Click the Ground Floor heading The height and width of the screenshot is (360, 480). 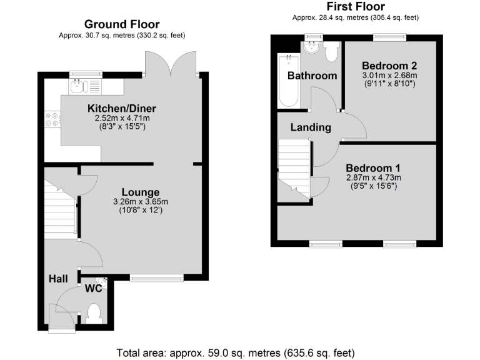121,24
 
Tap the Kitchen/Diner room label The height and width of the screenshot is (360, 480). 121,107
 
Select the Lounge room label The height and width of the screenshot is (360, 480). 141,192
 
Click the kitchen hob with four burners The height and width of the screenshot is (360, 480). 52,119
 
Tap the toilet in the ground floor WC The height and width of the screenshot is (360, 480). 94,312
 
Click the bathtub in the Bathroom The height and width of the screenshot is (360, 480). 288,80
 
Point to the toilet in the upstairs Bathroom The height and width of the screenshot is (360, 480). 331,51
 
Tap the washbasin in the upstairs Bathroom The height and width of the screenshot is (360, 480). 311,48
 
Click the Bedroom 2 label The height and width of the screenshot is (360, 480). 389,65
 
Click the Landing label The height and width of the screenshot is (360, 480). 311,127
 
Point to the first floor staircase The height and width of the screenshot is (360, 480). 294,166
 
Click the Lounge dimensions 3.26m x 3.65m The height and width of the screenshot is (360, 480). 141,201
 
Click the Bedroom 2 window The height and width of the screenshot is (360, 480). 390,37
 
